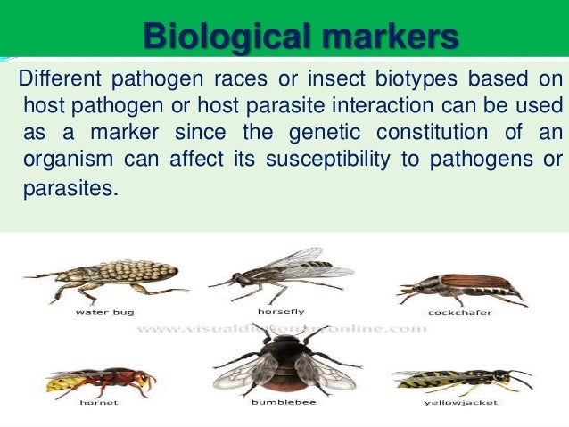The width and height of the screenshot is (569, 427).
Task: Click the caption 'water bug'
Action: point(103,312)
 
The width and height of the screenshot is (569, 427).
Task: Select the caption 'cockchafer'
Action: point(456,312)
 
